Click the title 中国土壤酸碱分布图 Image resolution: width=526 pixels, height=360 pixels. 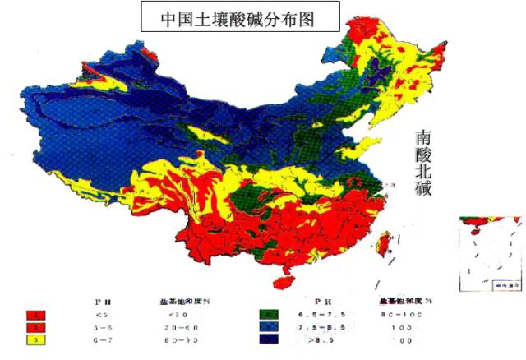pos(239,16)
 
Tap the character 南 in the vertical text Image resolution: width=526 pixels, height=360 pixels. pos(423,136)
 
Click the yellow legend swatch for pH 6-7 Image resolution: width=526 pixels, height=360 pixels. pos(36,339)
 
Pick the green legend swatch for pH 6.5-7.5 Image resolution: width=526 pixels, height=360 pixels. pos(269,314)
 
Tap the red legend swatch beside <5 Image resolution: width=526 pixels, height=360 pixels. pos(36,314)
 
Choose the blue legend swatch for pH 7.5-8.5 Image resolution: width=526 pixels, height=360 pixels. pos(269,326)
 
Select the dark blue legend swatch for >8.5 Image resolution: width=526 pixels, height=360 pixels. pos(269,339)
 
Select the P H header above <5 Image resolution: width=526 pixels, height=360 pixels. pos(103,301)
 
